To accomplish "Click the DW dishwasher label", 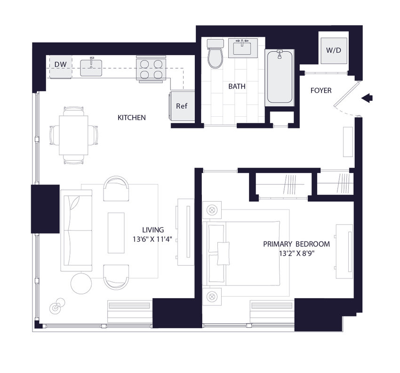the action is coord(60,65).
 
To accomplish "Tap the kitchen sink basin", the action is coord(91,68).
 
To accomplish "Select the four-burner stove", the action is coord(151,69).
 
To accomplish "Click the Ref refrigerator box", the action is coord(182,106).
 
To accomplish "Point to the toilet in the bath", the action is coord(216,54).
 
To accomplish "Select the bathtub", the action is coord(280,77).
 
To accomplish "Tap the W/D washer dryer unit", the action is coord(334,50).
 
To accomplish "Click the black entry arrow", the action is coord(367,98).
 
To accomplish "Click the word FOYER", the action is coord(321,90).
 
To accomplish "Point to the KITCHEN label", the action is coord(132,118).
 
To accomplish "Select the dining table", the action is coord(73,135).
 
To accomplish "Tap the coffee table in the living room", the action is coord(116,233).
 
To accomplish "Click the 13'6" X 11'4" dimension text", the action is coord(152,239).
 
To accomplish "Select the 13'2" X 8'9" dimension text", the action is coord(296,253).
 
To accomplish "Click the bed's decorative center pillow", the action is coord(223,253).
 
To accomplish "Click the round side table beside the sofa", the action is coord(81,284).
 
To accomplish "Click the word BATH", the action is coord(237,87).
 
